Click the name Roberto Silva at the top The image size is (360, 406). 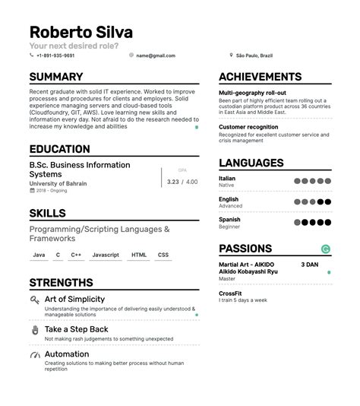pos(81,33)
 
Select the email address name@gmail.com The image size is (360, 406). pos(156,56)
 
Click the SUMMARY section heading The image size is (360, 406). pos(56,77)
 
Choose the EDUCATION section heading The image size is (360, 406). pos(60,150)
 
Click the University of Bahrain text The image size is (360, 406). pos(58,183)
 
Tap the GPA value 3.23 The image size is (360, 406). pos(173,182)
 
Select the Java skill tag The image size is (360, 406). pos(39,255)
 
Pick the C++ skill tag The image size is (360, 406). pos(76,255)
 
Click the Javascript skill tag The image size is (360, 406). pos(106,255)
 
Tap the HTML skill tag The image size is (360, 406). pos(139,255)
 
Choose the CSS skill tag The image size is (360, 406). pos(163,255)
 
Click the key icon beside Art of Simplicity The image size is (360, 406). pos(35,300)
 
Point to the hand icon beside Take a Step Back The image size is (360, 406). pos(35,330)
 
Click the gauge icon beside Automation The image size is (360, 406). pos(35,355)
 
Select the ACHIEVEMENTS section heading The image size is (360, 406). pos(261,77)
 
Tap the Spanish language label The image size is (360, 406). pos(229,220)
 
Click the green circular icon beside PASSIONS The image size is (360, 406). pos(326,249)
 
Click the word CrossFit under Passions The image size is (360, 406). pos(231,293)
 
